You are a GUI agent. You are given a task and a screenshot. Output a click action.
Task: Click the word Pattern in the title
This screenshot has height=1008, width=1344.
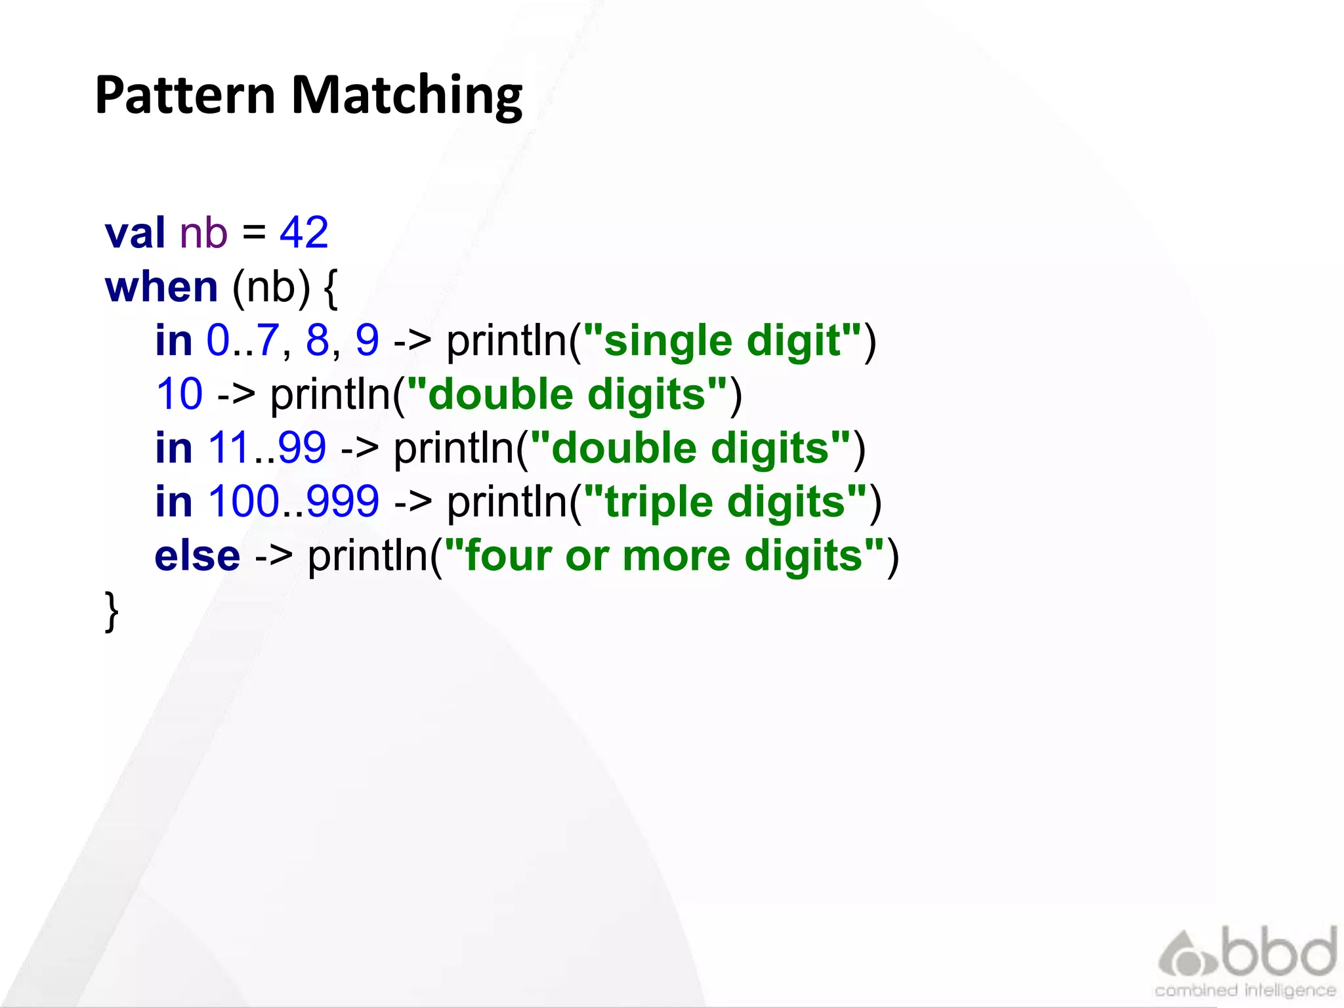[x=184, y=95]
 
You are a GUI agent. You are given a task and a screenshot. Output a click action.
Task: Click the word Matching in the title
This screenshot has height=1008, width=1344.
[x=407, y=96]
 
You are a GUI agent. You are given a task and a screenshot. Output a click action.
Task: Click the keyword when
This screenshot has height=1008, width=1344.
[x=161, y=287]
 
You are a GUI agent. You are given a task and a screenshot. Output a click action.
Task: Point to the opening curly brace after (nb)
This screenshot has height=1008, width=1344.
[x=331, y=288]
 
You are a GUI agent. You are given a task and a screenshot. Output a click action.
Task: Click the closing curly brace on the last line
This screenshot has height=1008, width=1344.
[x=112, y=611]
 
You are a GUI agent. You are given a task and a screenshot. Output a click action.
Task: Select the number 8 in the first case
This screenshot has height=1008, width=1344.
[x=318, y=340]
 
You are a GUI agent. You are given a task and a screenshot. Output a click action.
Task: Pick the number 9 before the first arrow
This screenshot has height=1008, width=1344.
[x=367, y=340]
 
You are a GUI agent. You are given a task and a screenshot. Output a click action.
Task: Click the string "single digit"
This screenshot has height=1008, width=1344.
[x=722, y=341]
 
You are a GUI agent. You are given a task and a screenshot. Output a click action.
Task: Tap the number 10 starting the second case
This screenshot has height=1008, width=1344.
[x=179, y=394]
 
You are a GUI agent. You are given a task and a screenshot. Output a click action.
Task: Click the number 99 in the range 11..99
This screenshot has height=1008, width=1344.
[x=302, y=448]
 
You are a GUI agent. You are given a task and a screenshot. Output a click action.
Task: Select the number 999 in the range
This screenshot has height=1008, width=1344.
[x=343, y=501]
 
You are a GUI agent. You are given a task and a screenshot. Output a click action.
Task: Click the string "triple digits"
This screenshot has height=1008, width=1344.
[x=724, y=502]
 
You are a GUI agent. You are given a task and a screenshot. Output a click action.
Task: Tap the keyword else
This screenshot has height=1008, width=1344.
[x=198, y=556]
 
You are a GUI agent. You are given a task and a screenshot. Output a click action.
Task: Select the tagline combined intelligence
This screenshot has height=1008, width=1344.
[x=1245, y=990]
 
